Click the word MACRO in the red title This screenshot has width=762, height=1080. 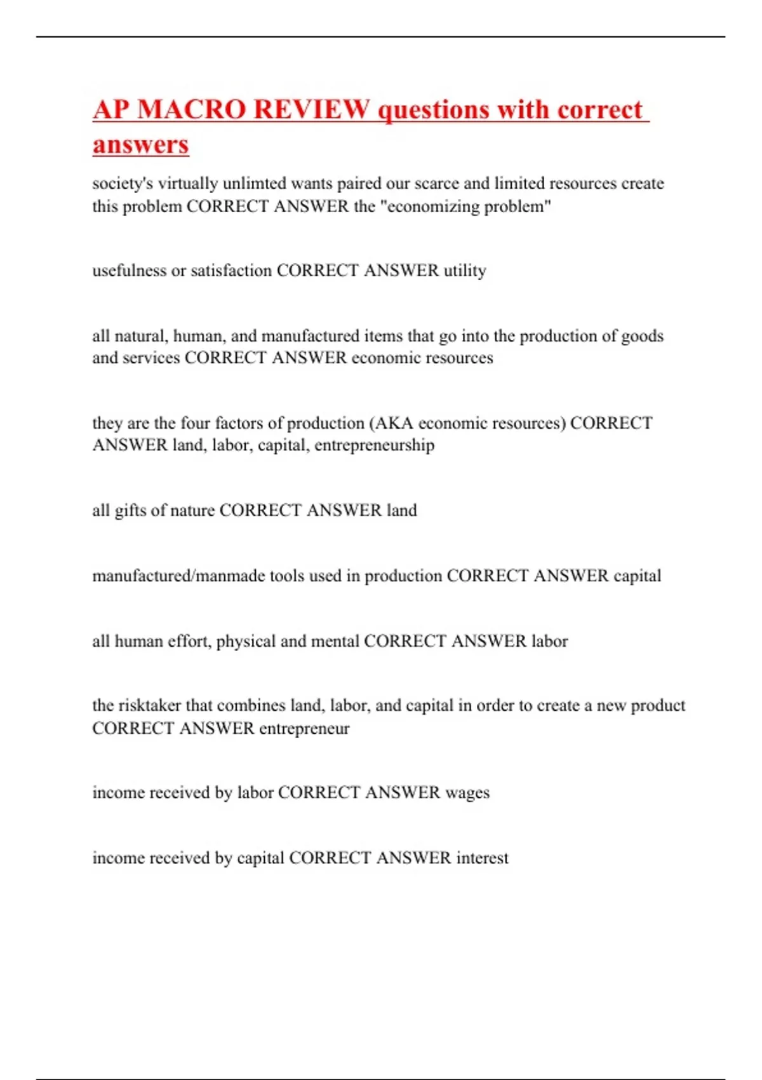[x=191, y=109]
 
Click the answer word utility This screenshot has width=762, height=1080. [x=465, y=271]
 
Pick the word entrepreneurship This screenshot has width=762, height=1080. [x=375, y=445]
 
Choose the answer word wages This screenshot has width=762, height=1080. [x=467, y=793]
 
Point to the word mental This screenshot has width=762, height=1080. [x=334, y=641]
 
